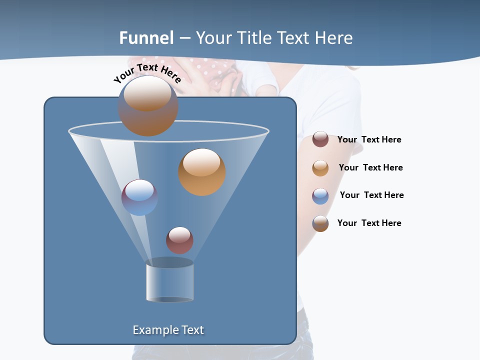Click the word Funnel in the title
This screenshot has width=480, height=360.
(x=146, y=38)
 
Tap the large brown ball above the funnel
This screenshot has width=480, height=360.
(x=147, y=105)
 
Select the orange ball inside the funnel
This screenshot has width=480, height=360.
(x=201, y=171)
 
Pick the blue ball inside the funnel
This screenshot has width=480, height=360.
(x=139, y=197)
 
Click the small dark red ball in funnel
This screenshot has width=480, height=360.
(x=179, y=240)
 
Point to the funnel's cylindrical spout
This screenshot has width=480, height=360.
(x=169, y=282)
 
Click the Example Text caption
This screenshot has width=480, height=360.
(x=168, y=330)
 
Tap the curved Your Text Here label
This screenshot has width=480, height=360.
(x=147, y=73)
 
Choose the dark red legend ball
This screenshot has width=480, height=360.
(x=320, y=139)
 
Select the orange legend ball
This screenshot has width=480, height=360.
(x=320, y=168)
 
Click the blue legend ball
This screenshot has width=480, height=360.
(x=320, y=196)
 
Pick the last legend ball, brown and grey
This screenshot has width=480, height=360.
(x=320, y=223)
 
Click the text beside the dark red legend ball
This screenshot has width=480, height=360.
(x=369, y=140)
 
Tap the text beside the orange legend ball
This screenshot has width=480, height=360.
(x=370, y=168)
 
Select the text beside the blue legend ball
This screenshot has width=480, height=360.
(x=371, y=195)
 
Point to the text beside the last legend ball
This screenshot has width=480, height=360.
(x=369, y=223)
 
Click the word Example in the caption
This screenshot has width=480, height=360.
(x=155, y=330)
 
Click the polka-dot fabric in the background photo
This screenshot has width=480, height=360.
(x=210, y=67)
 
